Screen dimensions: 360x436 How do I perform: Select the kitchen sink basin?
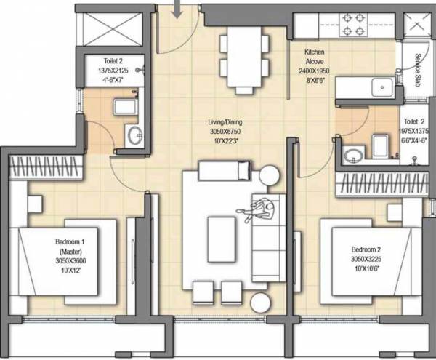pos(382,88)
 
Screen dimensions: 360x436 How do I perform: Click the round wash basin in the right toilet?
pos(354,155)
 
